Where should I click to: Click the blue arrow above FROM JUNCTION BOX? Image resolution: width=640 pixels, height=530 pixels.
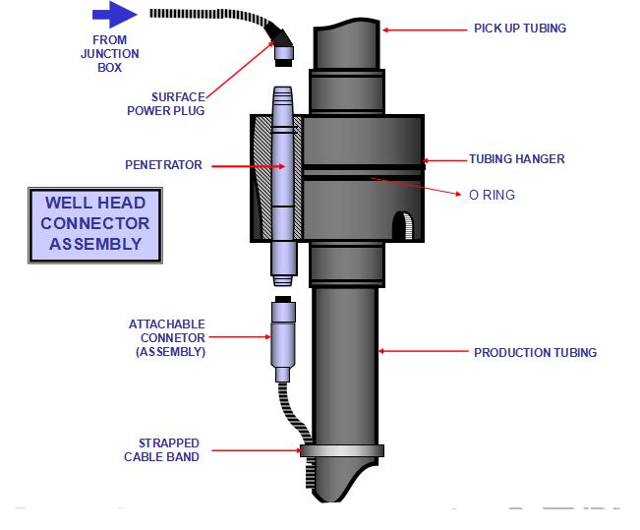(115, 15)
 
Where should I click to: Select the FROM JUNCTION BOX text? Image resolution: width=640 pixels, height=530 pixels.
(109, 54)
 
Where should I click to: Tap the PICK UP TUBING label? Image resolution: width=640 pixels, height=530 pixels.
(519, 29)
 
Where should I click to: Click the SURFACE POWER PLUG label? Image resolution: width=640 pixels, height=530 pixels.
(165, 103)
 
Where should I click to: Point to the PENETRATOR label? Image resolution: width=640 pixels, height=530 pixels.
(163, 165)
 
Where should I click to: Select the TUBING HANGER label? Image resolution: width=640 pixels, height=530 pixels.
(516, 159)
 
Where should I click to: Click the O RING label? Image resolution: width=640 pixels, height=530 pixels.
(492, 195)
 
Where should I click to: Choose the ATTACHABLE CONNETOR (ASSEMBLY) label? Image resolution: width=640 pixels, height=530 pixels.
(167, 337)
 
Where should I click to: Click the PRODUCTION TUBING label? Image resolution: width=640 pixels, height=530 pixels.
(535, 352)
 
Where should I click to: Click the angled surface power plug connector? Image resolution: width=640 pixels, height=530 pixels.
(284, 45)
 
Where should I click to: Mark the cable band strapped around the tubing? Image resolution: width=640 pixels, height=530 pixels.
(343, 451)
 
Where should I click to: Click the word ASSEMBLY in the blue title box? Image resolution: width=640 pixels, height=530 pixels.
(95, 243)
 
